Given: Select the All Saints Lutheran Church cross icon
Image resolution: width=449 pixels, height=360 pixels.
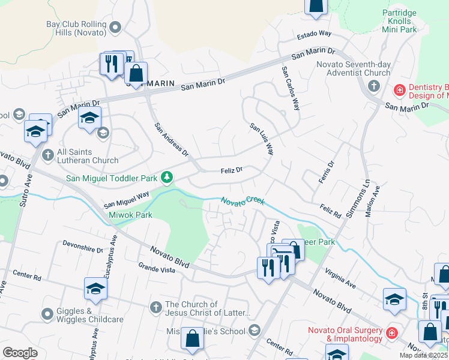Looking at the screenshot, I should click(x=48, y=155).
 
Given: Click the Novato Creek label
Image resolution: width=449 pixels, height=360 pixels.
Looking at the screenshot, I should click(x=243, y=201).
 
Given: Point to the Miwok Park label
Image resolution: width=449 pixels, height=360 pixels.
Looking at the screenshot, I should click(x=130, y=215).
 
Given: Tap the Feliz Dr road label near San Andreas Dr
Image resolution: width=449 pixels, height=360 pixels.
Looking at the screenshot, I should click(x=231, y=170).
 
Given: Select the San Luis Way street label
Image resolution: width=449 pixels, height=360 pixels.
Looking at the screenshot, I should click(x=262, y=139).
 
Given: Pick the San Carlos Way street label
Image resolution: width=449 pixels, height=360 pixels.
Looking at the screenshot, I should click(x=290, y=88).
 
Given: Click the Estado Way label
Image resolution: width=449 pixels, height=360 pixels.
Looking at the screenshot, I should click(x=312, y=34).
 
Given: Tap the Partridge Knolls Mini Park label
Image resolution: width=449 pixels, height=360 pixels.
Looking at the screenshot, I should click(x=408, y=19).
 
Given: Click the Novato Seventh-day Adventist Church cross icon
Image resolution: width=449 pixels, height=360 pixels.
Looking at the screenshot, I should click(x=373, y=86).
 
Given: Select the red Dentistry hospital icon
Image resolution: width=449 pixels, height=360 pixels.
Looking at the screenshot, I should click(x=399, y=91).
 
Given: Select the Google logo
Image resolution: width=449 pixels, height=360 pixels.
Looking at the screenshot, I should click(x=20, y=353).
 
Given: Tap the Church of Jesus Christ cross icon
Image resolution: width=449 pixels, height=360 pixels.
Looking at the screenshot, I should click(x=155, y=308).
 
